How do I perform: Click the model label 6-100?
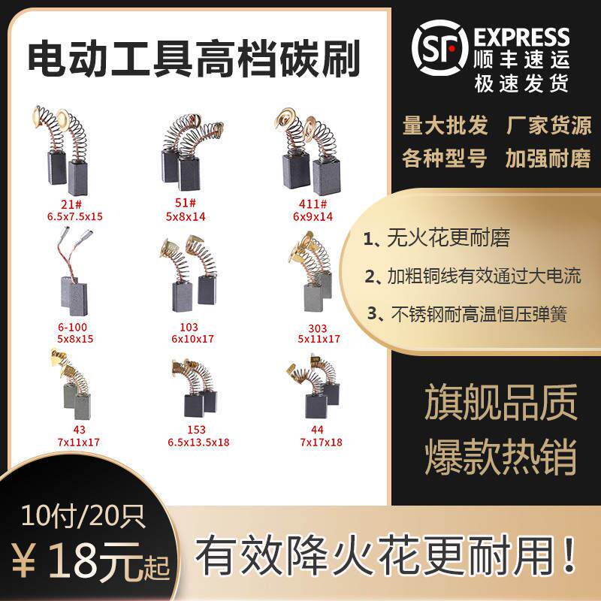71,328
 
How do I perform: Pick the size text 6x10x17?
193,339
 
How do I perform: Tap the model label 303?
316,328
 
